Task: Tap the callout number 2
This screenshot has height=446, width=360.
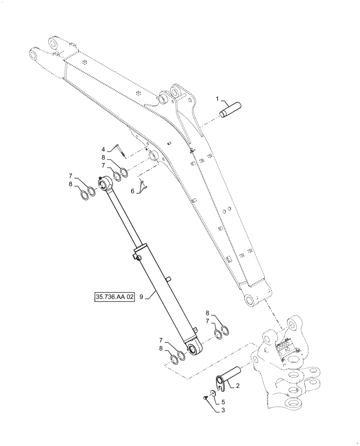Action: [x=238, y=386]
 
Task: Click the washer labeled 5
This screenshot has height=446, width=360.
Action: [x=213, y=392]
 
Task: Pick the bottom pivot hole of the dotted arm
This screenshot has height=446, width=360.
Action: [x=250, y=300]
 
